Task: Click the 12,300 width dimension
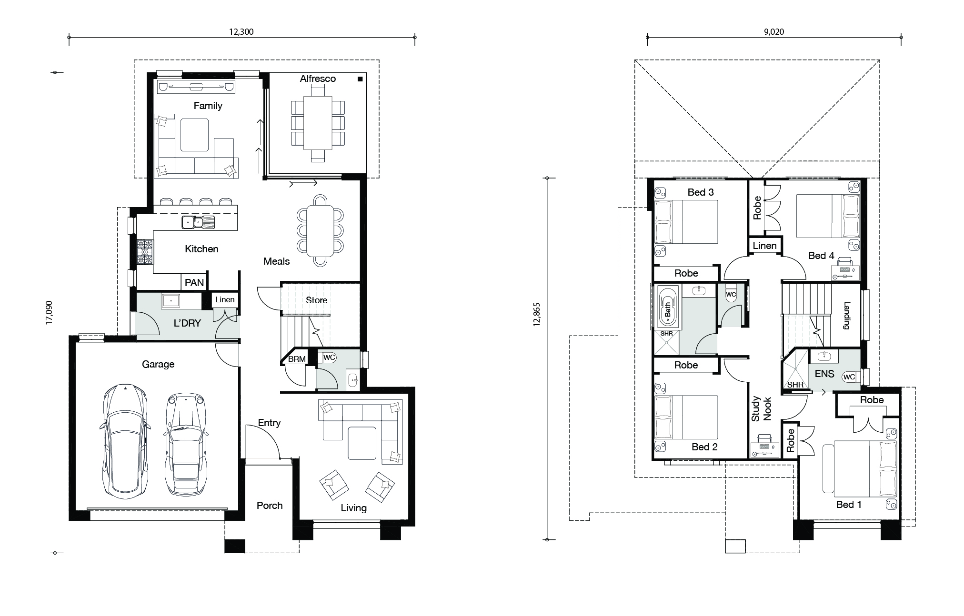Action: tap(241, 32)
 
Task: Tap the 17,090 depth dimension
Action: tap(49, 313)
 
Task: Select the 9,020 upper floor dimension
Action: tap(774, 32)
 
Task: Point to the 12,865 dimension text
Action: tap(537, 314)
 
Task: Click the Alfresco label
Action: tap(318, 79)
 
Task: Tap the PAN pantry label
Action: tap(194, 283)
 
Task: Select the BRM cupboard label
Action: tap(297, 359)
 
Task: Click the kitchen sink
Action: tap(198, 222)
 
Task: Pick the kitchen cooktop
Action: tap(145, 252)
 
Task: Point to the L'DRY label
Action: tap(187, 323)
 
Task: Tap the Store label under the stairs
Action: tap(317, 300)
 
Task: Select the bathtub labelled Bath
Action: tap(667, 308)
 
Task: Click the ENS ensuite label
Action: tap(824, 374)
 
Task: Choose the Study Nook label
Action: tap(761, 409)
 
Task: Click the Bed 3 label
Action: tap(701, 192)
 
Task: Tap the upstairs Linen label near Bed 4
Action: tap(765, 246)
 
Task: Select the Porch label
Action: tap(270, 506)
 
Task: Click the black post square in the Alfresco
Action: tap(360, 79)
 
